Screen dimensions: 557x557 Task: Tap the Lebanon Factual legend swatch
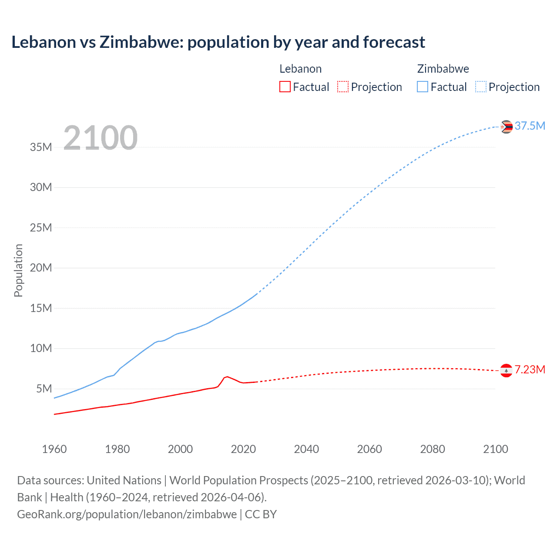point(285,87)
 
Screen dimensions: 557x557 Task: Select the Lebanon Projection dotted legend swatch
point(343,87)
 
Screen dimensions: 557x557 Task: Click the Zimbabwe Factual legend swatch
point(423,87)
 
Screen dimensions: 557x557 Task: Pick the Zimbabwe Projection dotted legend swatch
point(481,87)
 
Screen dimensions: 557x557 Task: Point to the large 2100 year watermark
point(101,138)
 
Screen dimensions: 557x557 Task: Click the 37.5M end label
point(530,126)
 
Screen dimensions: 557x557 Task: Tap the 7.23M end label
point(530,369)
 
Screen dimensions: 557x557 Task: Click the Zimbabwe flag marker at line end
point(506,127)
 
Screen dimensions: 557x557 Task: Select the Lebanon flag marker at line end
point(506,370)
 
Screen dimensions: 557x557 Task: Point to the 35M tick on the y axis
point(41,147)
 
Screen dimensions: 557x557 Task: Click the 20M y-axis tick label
point(41,268)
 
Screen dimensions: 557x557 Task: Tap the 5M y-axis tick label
point(44,389)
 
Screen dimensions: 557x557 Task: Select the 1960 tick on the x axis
point(54,449)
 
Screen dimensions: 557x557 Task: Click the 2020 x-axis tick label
point(243,449)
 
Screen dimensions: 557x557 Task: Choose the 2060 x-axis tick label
point(369,449)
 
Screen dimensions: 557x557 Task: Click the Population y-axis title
point(18,270)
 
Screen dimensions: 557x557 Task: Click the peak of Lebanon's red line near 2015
point(227,376)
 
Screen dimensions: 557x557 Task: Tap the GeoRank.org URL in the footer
point(127,514)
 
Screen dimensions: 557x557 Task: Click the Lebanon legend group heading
point(300,69)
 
